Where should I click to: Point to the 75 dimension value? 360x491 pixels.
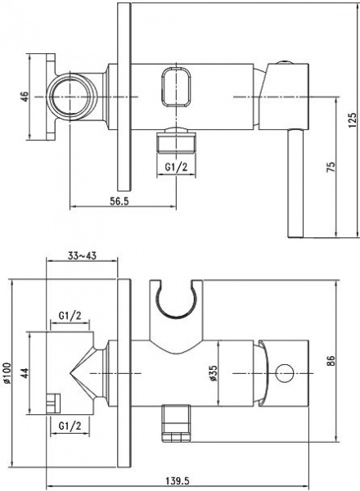[328, 166]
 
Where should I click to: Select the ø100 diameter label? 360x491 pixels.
[9, 377]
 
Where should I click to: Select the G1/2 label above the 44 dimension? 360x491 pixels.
[70, 315]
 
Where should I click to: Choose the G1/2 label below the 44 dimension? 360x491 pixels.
[70, 426]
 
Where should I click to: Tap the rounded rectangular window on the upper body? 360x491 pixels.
[178, 87]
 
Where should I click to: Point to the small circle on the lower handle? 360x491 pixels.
[286, 373]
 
